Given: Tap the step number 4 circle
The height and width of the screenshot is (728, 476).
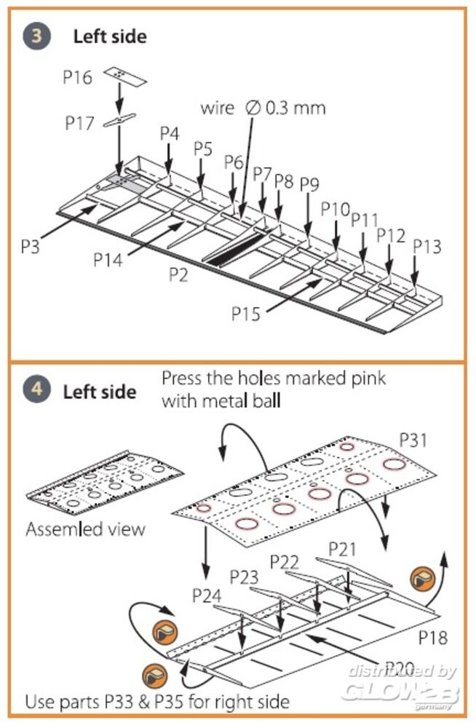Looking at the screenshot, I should point(36,389).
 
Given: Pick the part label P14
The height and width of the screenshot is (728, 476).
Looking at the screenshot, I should point(108,258).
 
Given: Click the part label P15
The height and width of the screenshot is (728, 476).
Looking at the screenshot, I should point(246,313).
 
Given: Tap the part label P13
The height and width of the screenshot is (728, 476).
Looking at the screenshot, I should point(427,246).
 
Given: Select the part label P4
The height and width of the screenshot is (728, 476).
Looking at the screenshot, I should point(169,133).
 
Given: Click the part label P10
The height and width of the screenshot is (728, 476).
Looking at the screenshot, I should point(336,209).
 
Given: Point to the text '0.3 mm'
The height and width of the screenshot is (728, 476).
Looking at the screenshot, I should point(295,108).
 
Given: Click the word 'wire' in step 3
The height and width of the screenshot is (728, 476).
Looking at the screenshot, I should point(218,108).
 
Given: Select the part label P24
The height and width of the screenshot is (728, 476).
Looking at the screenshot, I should point(207,594).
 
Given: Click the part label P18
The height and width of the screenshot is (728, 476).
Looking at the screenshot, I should point(432,638).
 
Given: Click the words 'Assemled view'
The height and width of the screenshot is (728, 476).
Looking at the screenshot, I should point(85,529).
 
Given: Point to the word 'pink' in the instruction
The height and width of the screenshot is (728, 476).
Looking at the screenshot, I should point(363,379).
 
